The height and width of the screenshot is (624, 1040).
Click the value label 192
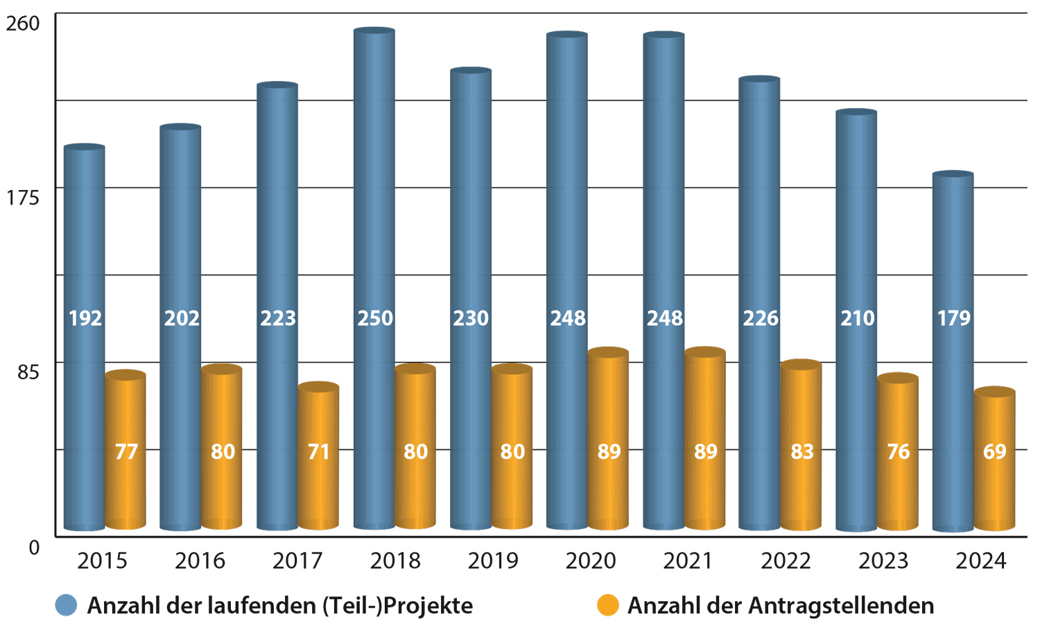(x=85, y=318)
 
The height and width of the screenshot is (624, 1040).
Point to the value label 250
(x=375, y=318)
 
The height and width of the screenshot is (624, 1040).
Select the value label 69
(x=994, y=452)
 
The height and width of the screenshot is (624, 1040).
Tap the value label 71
(x=318, y=452)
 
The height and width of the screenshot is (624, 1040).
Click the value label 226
(x=761, y=318)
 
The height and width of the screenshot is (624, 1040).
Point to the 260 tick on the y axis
(x=23, y=23)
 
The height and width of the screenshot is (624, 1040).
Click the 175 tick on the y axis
(x=23, y=198)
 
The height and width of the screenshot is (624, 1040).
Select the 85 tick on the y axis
(x=27, y=372)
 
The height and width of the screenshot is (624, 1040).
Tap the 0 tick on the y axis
(x=34, y=548)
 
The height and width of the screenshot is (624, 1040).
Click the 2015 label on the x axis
(x=102, y=561)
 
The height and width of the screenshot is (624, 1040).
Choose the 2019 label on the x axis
(x=493, y=561)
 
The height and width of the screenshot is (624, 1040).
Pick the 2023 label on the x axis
(x=883, y=561)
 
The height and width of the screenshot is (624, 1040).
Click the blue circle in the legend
(x=66, y=605)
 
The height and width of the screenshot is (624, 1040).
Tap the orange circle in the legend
(x=607, y=605)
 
